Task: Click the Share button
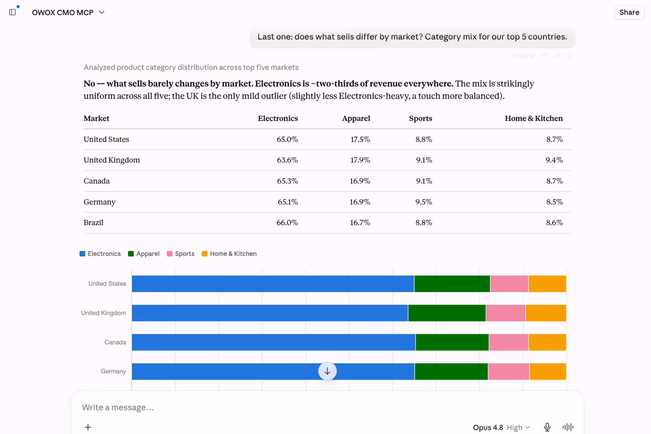[x=629, y=12]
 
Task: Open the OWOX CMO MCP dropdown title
[x=68, y=12]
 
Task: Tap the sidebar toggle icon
[x=12, y=12]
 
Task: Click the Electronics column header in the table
[x=278, y=118]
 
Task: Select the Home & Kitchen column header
[x=534, y=118]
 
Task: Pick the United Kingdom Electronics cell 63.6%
[x=287, y=160]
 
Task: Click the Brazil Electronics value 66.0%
[x=287, y=222]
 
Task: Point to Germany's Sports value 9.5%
[x=424, y=202]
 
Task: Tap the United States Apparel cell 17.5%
[x=360, y=139]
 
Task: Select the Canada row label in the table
[x=97, y=181]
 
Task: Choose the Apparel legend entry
[x=144, y=254]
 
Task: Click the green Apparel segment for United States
[x=452, y=284]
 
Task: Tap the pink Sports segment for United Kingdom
[x=505, y=313]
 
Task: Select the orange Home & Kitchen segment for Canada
[x=547, y=342]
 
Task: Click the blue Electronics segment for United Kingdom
[x=270, y=313]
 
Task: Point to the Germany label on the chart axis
[x=113, y=371]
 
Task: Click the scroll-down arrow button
[x=328, y=371]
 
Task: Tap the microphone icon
[x=547, y=427]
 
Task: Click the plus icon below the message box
[x=88, y=427]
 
